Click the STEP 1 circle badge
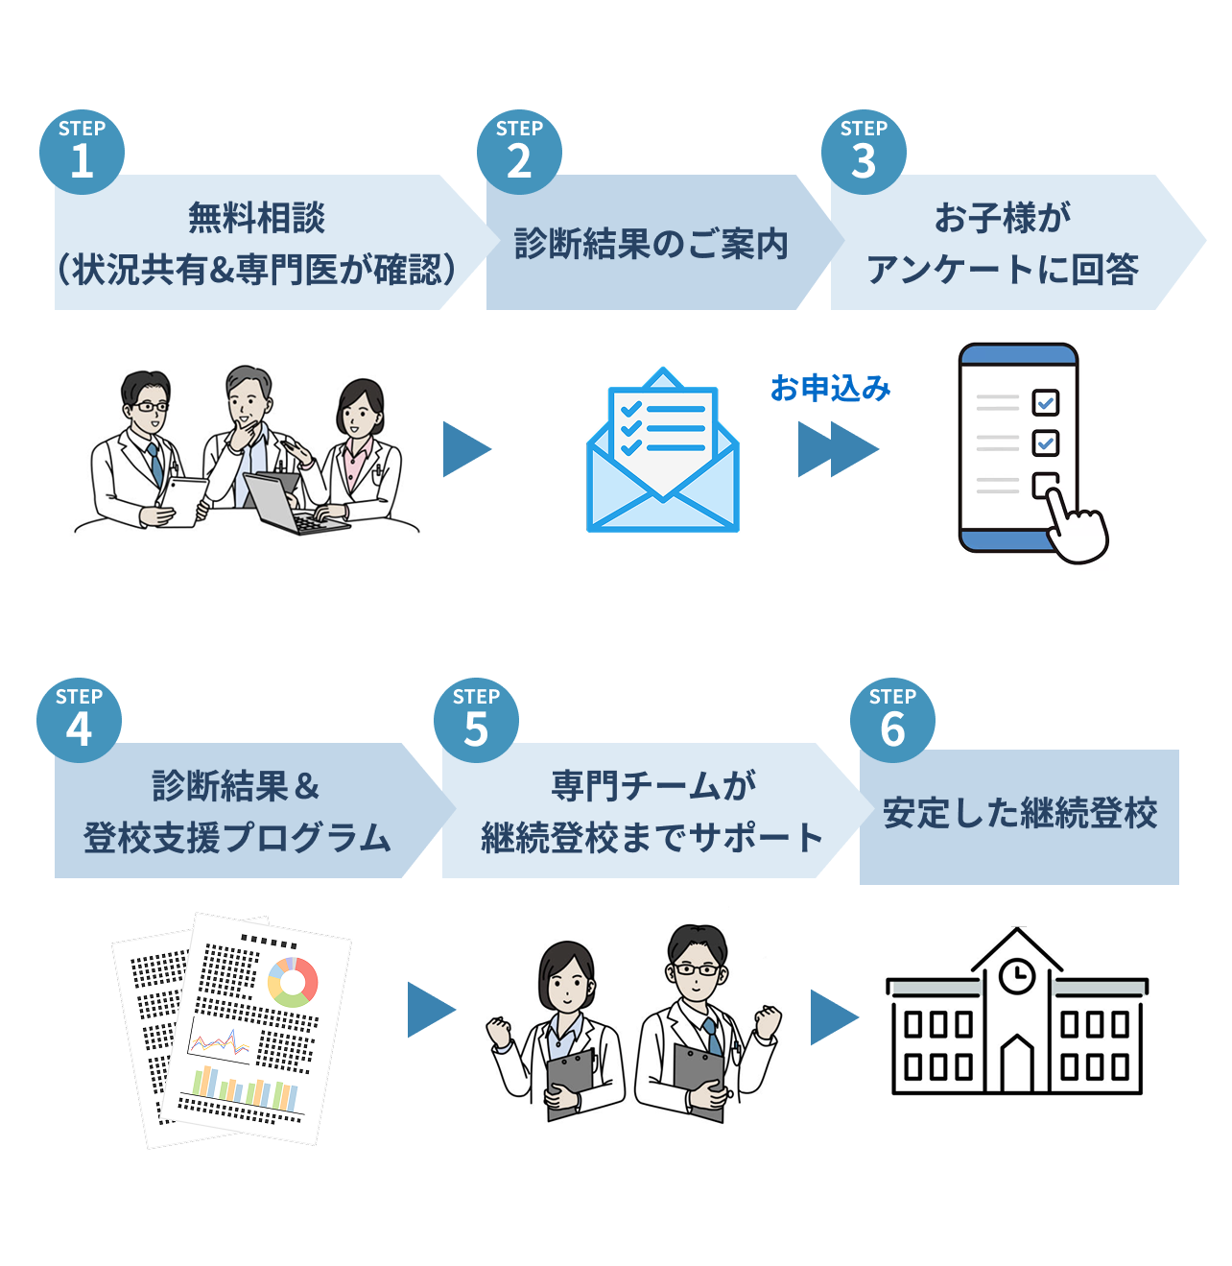pos(82,152)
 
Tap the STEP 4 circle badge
pos(79,720)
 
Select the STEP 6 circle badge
pos(892,720)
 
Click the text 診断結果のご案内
pos(651,244)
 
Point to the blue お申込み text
pos(830,389)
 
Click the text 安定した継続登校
pos(1020,813)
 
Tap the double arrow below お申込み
pos(838,449)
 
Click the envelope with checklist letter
pos(663,450)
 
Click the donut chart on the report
pos(293,981)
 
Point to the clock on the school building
pos(1017,976)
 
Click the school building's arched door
pos(1017,1064)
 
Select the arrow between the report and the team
pos(431,1010)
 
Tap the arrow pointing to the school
pos(834,1017)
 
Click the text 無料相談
pos(256,218)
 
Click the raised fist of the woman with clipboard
pos(499,1033)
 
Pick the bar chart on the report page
pos(246,1088)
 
